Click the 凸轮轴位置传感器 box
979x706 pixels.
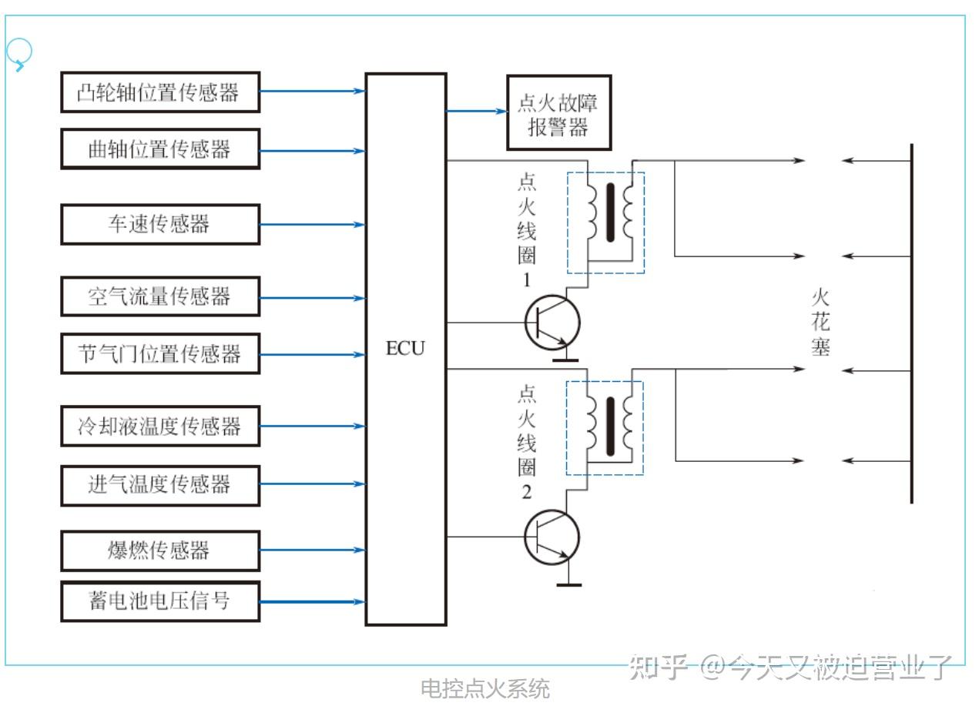point(160,92)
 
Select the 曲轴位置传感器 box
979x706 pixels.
point(160,149)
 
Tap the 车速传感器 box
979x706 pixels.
point(160,224)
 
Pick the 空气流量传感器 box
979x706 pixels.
point(160,296)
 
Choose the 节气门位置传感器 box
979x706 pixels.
point(160,354)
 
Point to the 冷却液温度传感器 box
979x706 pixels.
point(160,426)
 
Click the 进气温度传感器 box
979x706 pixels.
point(160,484)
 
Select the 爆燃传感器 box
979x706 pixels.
point(160,550)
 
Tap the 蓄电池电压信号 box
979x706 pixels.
point(160,601)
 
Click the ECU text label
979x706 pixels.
point(405,349)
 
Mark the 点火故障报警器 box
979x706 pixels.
point(558,113)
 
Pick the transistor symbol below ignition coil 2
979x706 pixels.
point(552,537)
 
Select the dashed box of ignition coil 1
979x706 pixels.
point(605,223)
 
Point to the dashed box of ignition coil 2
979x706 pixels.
point(605,428)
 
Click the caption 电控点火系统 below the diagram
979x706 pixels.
point(485,688)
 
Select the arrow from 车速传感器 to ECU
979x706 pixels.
point(312,225)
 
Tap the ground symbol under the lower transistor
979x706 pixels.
point(568,584)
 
